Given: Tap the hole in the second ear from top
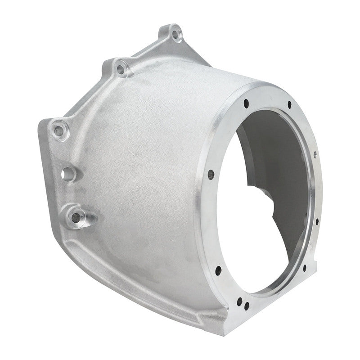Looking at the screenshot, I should tap(120, 69).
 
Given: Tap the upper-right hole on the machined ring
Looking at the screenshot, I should tap(289, 105).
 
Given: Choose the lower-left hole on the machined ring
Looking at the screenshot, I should tap(218, 270).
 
